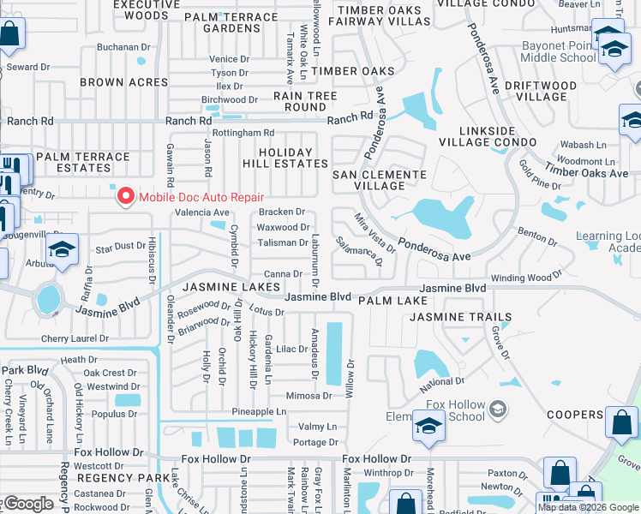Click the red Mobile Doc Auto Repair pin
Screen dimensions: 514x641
(x=125, y=196)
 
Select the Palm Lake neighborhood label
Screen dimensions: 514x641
(x=392, y=302)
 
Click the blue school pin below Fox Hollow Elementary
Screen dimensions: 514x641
(x=428, y=427)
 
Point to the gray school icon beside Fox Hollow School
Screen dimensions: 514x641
(x=497, y=409)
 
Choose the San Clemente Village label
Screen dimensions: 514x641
(x=379, y=180)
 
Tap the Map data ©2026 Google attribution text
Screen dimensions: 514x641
(x=587, y=507)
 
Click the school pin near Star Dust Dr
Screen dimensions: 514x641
(x=63, y=251)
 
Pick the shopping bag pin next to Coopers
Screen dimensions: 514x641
(x=620, y=422)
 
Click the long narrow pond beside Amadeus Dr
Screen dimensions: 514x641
(x=333, y=353)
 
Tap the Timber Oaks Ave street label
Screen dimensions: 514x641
(x=586, y=172)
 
